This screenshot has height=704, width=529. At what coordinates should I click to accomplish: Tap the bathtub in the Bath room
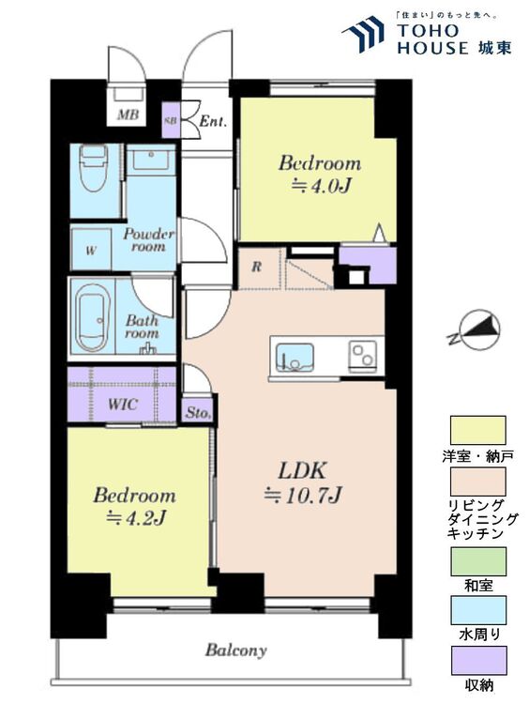point(92,317)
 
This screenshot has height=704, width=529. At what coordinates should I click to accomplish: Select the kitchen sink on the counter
point(295,358)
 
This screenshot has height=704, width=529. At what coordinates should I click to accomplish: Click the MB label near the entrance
point(128,115)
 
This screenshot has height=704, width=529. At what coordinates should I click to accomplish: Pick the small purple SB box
point(171,121)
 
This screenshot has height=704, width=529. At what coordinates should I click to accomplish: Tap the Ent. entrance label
point(213,121)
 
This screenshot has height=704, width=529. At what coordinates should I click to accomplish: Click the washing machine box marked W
point(91,249)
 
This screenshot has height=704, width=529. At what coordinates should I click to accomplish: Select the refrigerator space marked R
point(256,268)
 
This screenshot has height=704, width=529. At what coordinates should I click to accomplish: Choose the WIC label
point(122,405)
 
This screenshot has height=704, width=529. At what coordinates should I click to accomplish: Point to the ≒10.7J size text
point(303,496)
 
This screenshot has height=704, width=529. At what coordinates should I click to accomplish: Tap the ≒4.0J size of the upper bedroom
point(321,186)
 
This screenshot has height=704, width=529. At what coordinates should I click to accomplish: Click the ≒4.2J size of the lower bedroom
point(136,518)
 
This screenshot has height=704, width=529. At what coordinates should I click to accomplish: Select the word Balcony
point(236,650)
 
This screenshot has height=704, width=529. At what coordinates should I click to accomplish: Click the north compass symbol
point(477,330)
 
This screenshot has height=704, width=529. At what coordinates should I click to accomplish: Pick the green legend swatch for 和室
point(478,560)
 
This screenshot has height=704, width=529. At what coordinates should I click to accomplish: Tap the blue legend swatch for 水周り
point(478,610)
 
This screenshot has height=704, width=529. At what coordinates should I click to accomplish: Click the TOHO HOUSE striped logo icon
point(363,35)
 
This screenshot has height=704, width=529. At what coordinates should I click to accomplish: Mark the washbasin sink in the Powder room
point(151,159)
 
